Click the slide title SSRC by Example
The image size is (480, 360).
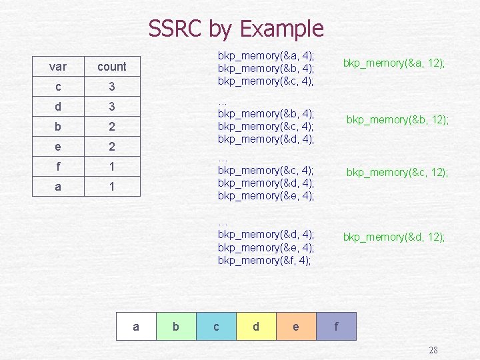click(235, 29)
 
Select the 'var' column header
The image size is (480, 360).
click(58, 67)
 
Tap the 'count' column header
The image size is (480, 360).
click(112, 67)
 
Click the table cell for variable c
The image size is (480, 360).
click(58, 87)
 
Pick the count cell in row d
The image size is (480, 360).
click(112, 107)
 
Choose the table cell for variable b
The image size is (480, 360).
click(58, 127)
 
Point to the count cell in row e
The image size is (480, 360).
click(112, 147)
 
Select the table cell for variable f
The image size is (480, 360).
click(58, 167)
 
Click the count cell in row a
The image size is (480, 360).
click(112, 187)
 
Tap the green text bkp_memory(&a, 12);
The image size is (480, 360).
click(394, 63)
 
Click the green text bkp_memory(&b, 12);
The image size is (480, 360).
click(397, 119)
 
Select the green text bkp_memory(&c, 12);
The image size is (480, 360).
click(397, 173)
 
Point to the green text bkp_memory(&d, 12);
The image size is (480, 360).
click(394, 237)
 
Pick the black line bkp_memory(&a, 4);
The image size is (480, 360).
click(266, 55)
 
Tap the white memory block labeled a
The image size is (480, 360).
click(136, 327)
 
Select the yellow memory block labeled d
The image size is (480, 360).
click(256, 327)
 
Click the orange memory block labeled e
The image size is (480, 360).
click(296, 327)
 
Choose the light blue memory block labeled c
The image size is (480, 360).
click(216, 327)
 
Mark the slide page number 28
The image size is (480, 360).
click(433, 351)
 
